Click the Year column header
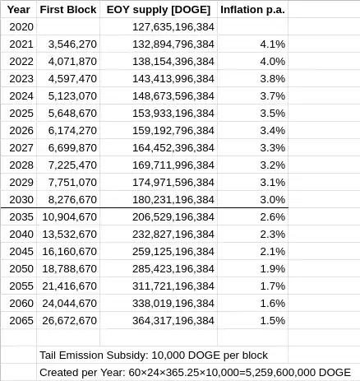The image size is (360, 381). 18,11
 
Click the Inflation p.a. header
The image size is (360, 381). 253,11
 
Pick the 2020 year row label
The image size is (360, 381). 19,27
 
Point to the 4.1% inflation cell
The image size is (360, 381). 273,43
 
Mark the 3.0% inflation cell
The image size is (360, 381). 273,199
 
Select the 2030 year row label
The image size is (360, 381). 19,199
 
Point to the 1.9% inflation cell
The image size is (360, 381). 273,268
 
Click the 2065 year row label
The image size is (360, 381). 19,320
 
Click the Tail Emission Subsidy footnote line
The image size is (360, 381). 153,355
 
